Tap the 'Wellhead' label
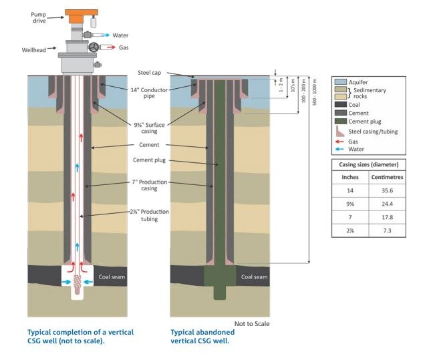click(x=34, y=49)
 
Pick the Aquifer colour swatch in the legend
click(x=339, y=81)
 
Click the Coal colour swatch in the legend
click(x=339, y=105)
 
